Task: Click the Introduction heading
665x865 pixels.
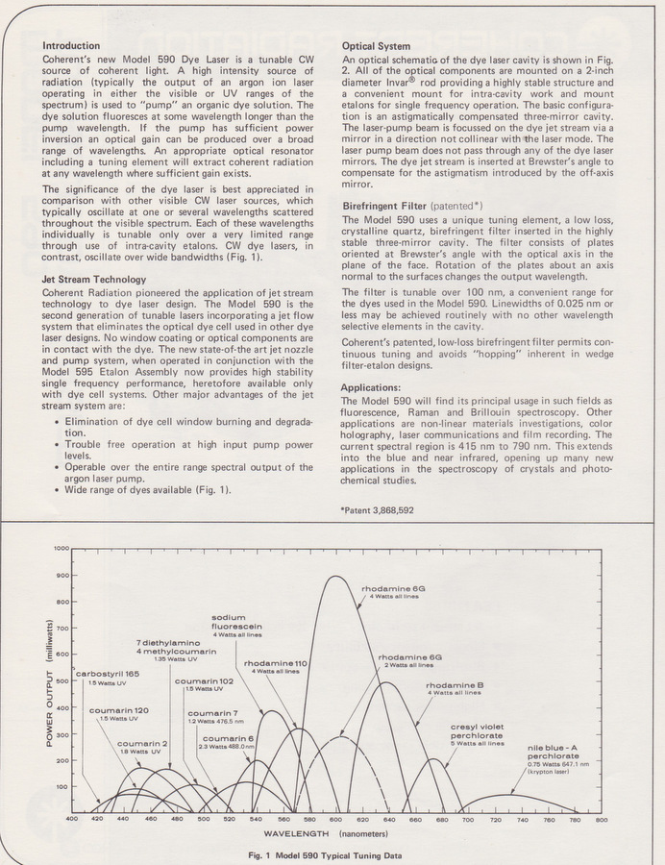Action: click(72, 45)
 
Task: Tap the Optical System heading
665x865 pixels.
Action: click(377, 45)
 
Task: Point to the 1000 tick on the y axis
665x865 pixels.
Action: click(62, 548)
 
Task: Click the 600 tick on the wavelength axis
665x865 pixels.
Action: click(335, 819)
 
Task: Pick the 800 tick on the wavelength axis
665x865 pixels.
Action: click(601, 819)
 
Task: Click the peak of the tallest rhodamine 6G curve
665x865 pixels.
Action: click(335, 576)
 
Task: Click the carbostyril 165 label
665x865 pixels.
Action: click(108, 673)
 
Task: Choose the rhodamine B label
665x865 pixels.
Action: click(454, 685)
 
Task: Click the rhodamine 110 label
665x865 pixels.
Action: click(275, 663)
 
